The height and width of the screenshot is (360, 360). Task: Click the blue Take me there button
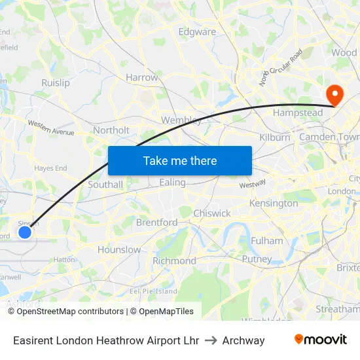pos(180,160)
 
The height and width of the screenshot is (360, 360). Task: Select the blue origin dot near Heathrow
pos(25,232)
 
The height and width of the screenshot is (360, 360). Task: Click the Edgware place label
pos(197,31)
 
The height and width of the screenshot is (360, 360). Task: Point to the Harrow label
pos(142,77)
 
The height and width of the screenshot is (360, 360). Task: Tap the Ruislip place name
pos(56,83)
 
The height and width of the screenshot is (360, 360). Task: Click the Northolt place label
pos(111,130)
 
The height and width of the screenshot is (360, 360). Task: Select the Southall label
pos(105,185)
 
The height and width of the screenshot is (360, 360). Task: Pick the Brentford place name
pos(156,223)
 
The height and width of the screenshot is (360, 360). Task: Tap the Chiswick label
pos(212,213)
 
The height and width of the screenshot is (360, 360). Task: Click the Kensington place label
pos(274,204)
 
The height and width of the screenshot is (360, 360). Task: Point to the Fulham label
pos(266,241)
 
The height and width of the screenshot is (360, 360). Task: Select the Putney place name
pos(257,259)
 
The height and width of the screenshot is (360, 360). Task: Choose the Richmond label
pos(174,261)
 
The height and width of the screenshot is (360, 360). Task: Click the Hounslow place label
pos(119,249)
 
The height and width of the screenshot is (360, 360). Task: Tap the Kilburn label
pos(275,137)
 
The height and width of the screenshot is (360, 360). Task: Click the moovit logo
pos(320,340)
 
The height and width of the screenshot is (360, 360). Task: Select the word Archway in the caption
pos(243,340)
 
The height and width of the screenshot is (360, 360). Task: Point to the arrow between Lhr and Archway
pos(211,340)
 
